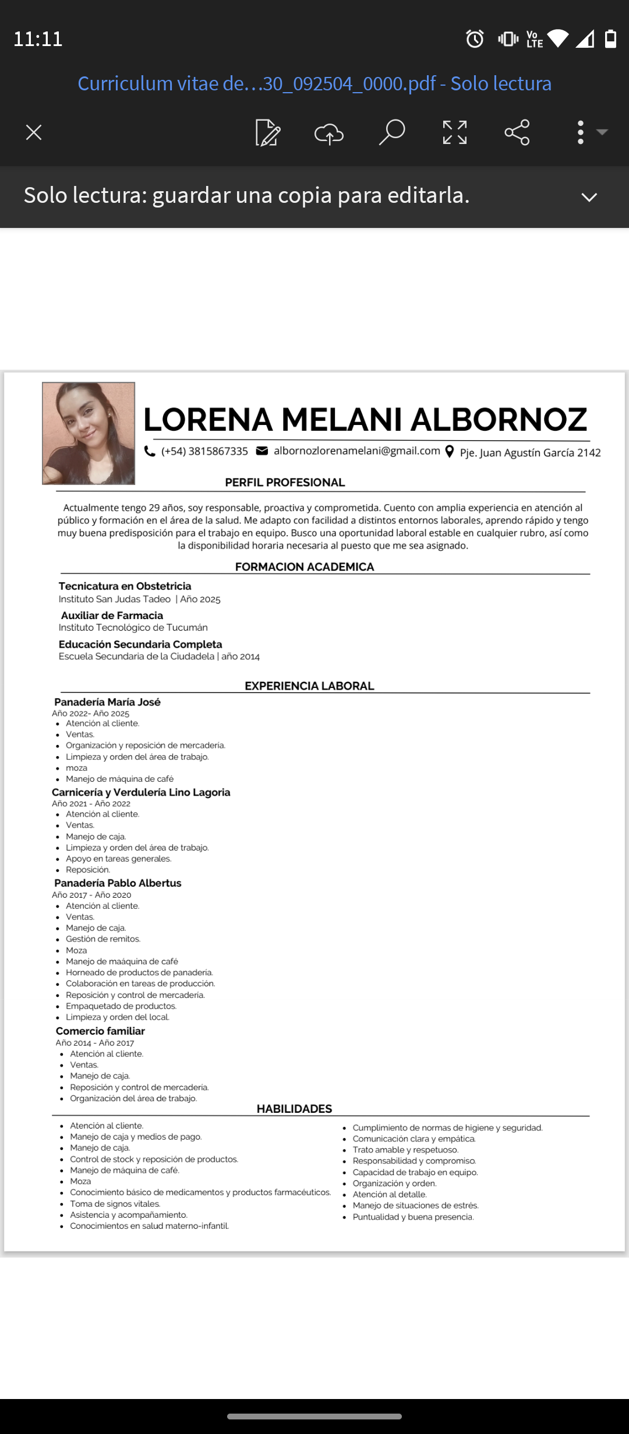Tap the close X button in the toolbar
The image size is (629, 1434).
[34, 133]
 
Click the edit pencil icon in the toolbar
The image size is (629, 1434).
[268, 133]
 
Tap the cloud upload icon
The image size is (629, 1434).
[329, 133]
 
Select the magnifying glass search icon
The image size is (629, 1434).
[392, 132]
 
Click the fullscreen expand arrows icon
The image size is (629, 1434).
[455, 133]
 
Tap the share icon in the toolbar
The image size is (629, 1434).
[517, 132]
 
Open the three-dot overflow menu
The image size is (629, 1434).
[581, 132]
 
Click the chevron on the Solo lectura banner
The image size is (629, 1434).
[589, 197]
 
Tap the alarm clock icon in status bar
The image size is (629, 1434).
[475, 39]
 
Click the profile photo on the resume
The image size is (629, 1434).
[89, 433]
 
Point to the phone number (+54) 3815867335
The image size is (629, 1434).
[204, 451]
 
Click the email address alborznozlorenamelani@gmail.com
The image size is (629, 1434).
[356, 451]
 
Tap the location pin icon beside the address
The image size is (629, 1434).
[450, 452]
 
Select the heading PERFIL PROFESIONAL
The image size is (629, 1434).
[285, 483]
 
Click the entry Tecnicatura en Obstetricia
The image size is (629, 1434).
[125, 586]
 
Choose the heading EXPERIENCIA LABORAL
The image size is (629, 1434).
[309, 686]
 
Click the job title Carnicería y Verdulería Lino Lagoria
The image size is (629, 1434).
[141, 792]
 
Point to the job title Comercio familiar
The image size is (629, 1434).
[100, 1031]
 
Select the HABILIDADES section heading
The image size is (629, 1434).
[294, 1109]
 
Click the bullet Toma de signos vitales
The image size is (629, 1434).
[115, 1204]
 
